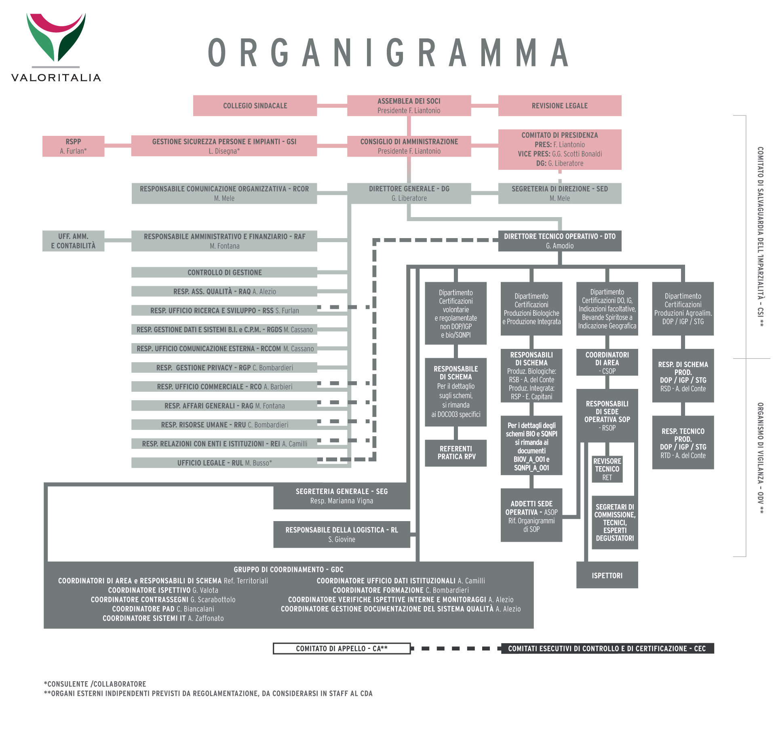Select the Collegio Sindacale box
[x=255, y=106]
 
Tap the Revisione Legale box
[x=559, y=106]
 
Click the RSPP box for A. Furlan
[x=73, y=146]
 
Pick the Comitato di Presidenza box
[x=559, y=149]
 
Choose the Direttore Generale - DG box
[x=409, y=193]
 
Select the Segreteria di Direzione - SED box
[x=559, y=193]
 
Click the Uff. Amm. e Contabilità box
[x=73, y=241]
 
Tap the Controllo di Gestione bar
[x=224, y=272]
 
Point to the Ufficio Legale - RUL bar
[x=224, y=463]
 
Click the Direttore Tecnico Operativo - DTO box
[x=559, y=241]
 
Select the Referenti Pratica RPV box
[x=456, y=453]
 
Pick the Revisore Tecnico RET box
[x=607, y=469]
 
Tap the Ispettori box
[x=607, y=575]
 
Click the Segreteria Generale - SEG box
[x=342, y=496]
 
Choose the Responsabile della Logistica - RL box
[x=342, y=534]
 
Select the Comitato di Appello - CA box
[x=342, y=648]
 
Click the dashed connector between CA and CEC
[x=456, y=648]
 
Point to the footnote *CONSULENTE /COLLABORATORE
[x=95, y=684]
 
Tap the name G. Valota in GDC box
[x=205, y=590]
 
